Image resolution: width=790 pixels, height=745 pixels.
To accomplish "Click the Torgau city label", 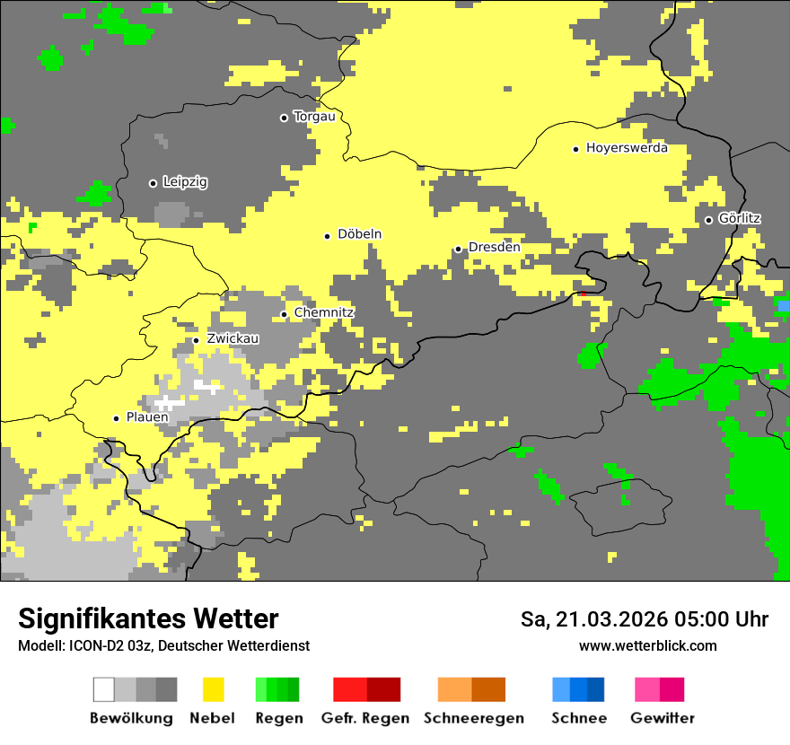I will point(314,117).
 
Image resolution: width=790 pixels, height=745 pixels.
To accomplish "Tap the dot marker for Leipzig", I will point(153,183).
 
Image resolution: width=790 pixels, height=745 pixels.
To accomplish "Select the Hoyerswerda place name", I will point(627,148).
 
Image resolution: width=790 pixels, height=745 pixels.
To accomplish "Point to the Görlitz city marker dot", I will point(708,220).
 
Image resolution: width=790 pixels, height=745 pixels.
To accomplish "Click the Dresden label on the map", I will point(494,248).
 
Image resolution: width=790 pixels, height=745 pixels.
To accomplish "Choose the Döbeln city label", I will point(359,234).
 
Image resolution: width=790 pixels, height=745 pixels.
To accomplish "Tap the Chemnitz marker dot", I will point(285,314).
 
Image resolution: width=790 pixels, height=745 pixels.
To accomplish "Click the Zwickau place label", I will point(233,339).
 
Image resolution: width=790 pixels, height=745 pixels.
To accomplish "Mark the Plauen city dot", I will point(116,418).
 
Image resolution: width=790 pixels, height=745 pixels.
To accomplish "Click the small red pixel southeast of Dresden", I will point(584,294).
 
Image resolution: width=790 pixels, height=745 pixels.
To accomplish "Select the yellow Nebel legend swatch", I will point(214,689).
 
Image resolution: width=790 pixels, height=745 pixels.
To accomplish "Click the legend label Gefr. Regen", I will point(365,718).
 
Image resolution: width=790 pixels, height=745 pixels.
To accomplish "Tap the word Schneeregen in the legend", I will point(474,718).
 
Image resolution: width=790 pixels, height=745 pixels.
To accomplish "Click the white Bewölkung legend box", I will point(104,689).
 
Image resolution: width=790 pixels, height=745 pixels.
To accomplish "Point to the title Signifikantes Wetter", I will point(148,618).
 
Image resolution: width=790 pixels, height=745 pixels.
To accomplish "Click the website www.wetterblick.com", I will point(648,645).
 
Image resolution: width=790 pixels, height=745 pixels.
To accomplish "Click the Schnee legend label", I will point(579,718).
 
